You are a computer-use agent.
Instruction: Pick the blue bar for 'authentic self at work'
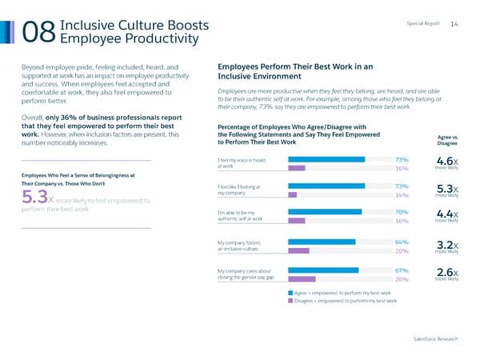[x=325, y=212]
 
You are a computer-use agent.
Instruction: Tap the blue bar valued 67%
[x=323, y=270]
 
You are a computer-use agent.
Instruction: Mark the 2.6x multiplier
[x=446, y=271]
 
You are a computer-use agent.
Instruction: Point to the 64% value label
[x=402, y=242]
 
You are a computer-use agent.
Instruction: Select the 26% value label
[x=402, y=279]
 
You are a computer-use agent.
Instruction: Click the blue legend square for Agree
[x=290, y=294]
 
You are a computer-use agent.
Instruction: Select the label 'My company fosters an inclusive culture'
[x=240, y=246]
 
